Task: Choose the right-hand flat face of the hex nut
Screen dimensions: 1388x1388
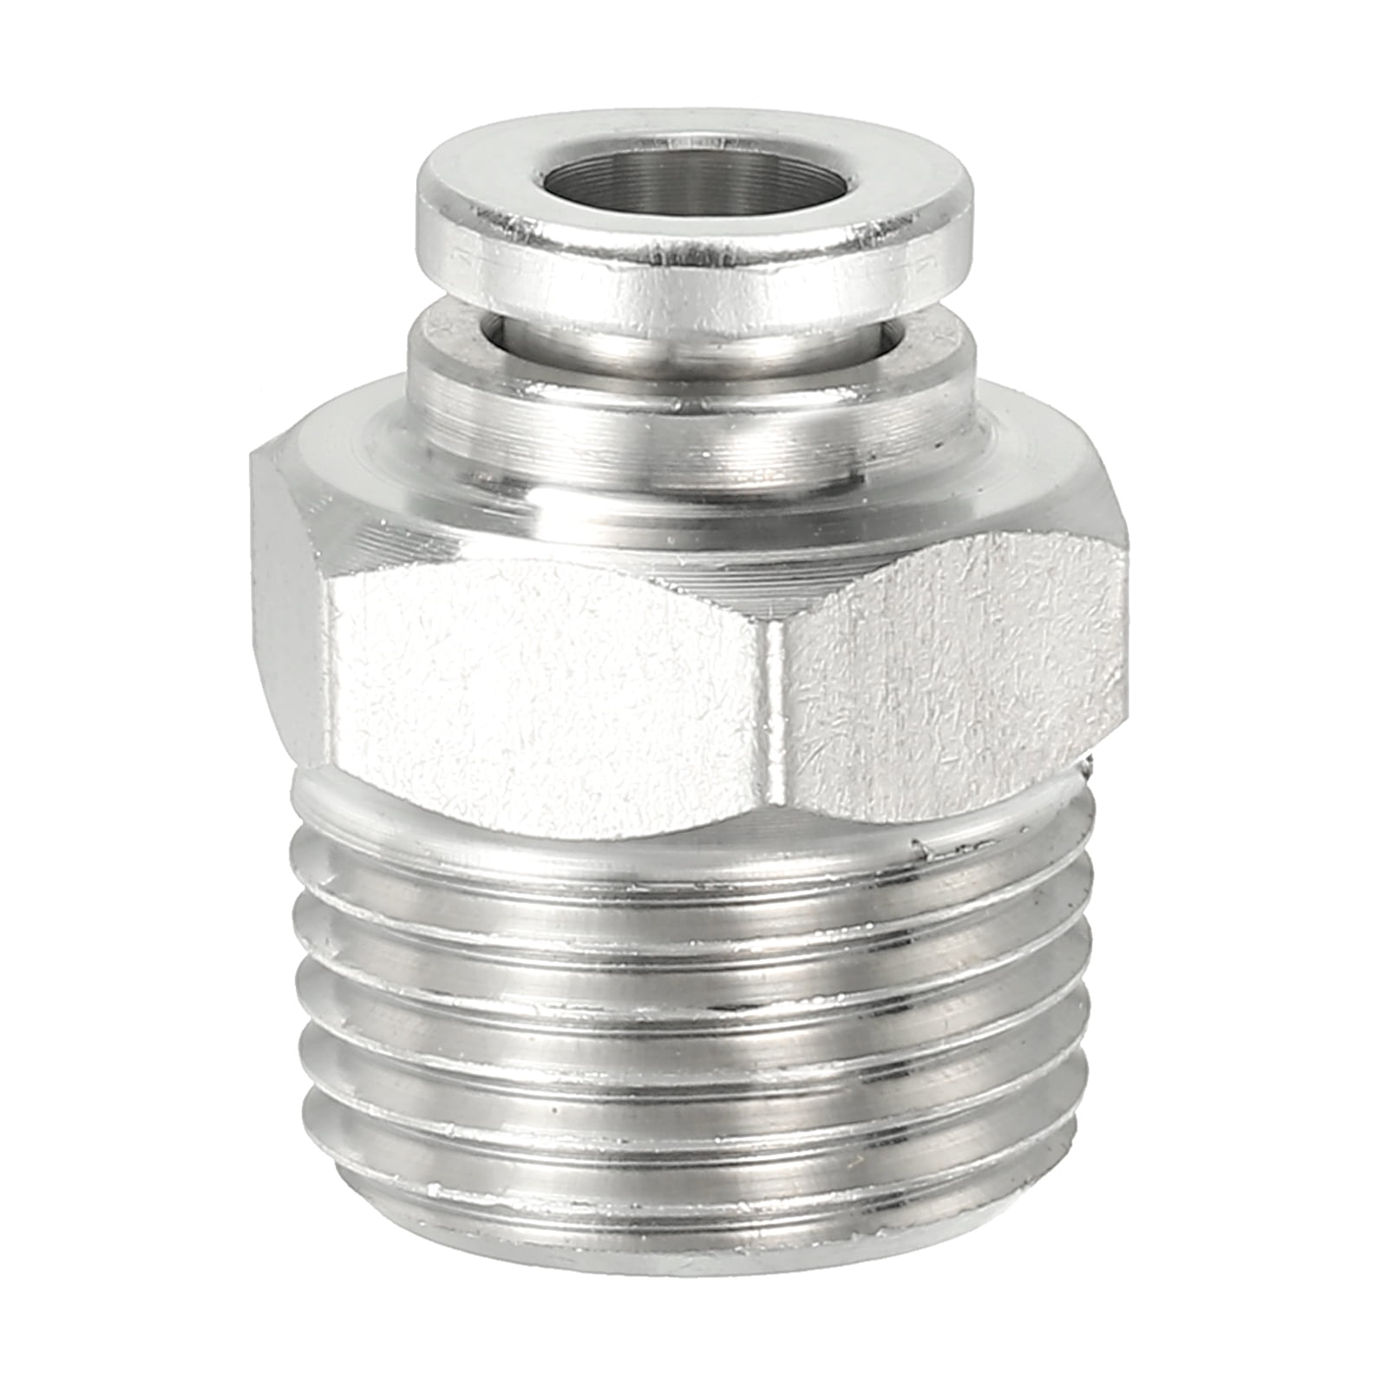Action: [954, 685]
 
